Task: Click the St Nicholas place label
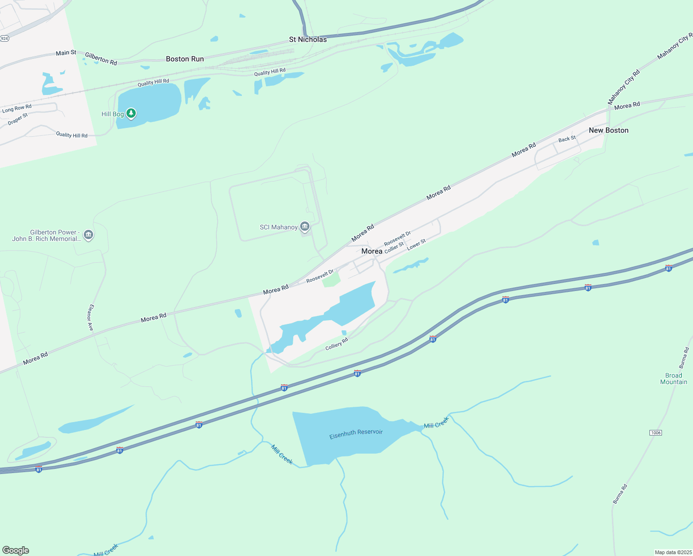point(308,39)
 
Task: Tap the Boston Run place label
point(185,59)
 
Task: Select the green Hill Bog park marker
point(131,113)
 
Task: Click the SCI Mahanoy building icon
point(305,227)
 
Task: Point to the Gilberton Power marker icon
point(88,235)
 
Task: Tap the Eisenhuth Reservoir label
point(356,434)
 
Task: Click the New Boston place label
point(608,130)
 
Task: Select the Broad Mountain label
point(674,379)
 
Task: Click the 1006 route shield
point(655,433)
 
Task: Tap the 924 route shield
point(4,38)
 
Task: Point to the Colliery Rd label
point(336,344)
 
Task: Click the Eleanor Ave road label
point(91,317)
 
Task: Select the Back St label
point(567,139)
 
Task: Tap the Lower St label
point(416,245)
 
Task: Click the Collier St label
point(394,247)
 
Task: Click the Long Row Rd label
point(17,108)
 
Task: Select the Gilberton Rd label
point(101,58)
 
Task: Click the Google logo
point(16,550)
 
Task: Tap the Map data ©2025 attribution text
point(672,552)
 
